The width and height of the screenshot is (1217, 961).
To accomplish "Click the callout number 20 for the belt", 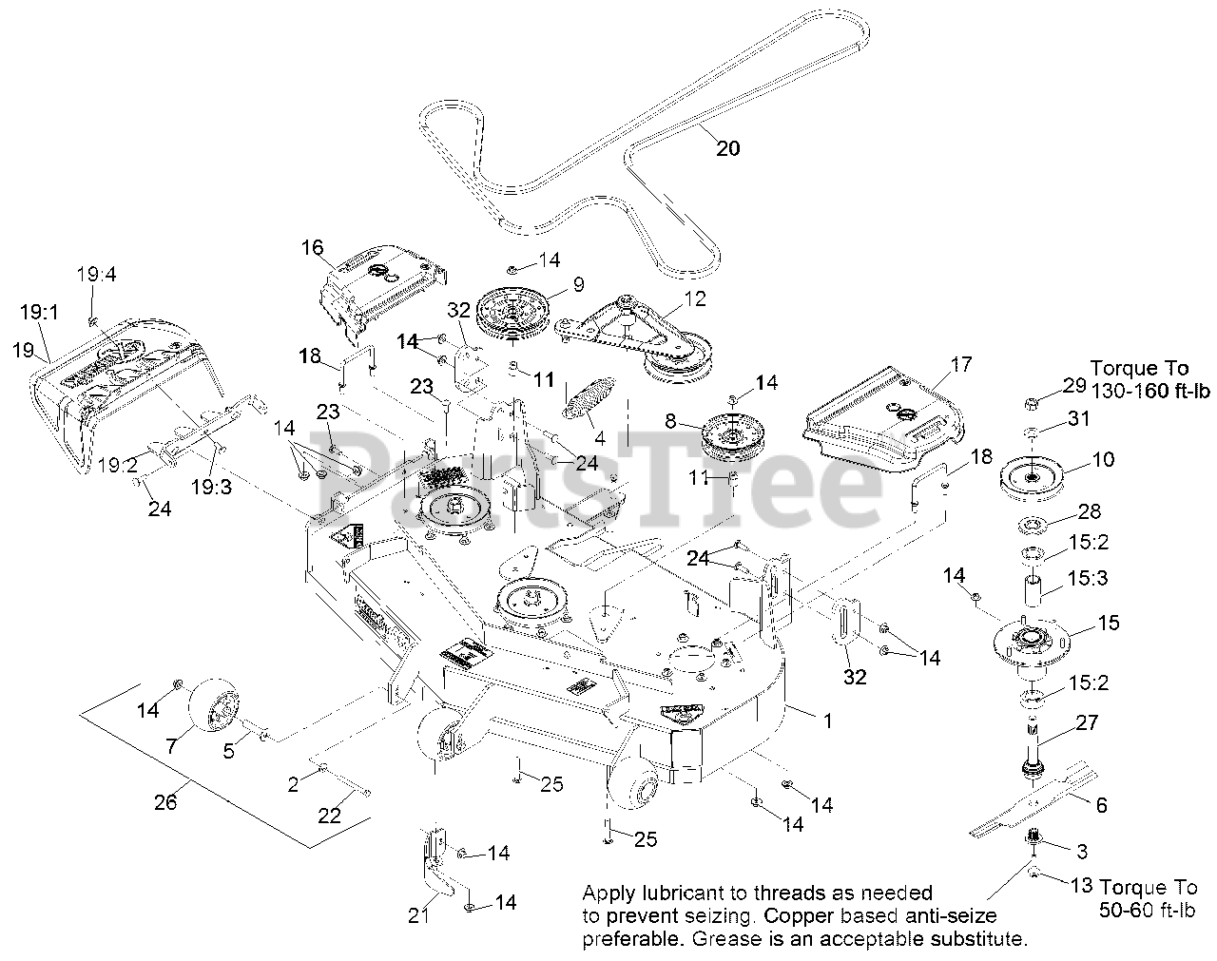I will (727, 148).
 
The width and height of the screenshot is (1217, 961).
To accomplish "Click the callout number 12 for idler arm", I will (695, 298).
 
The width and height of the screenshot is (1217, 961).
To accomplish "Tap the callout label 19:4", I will (96, 275).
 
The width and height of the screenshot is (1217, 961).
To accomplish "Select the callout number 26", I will (165, 803).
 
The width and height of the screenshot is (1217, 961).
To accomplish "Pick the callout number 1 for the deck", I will (827, 721).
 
